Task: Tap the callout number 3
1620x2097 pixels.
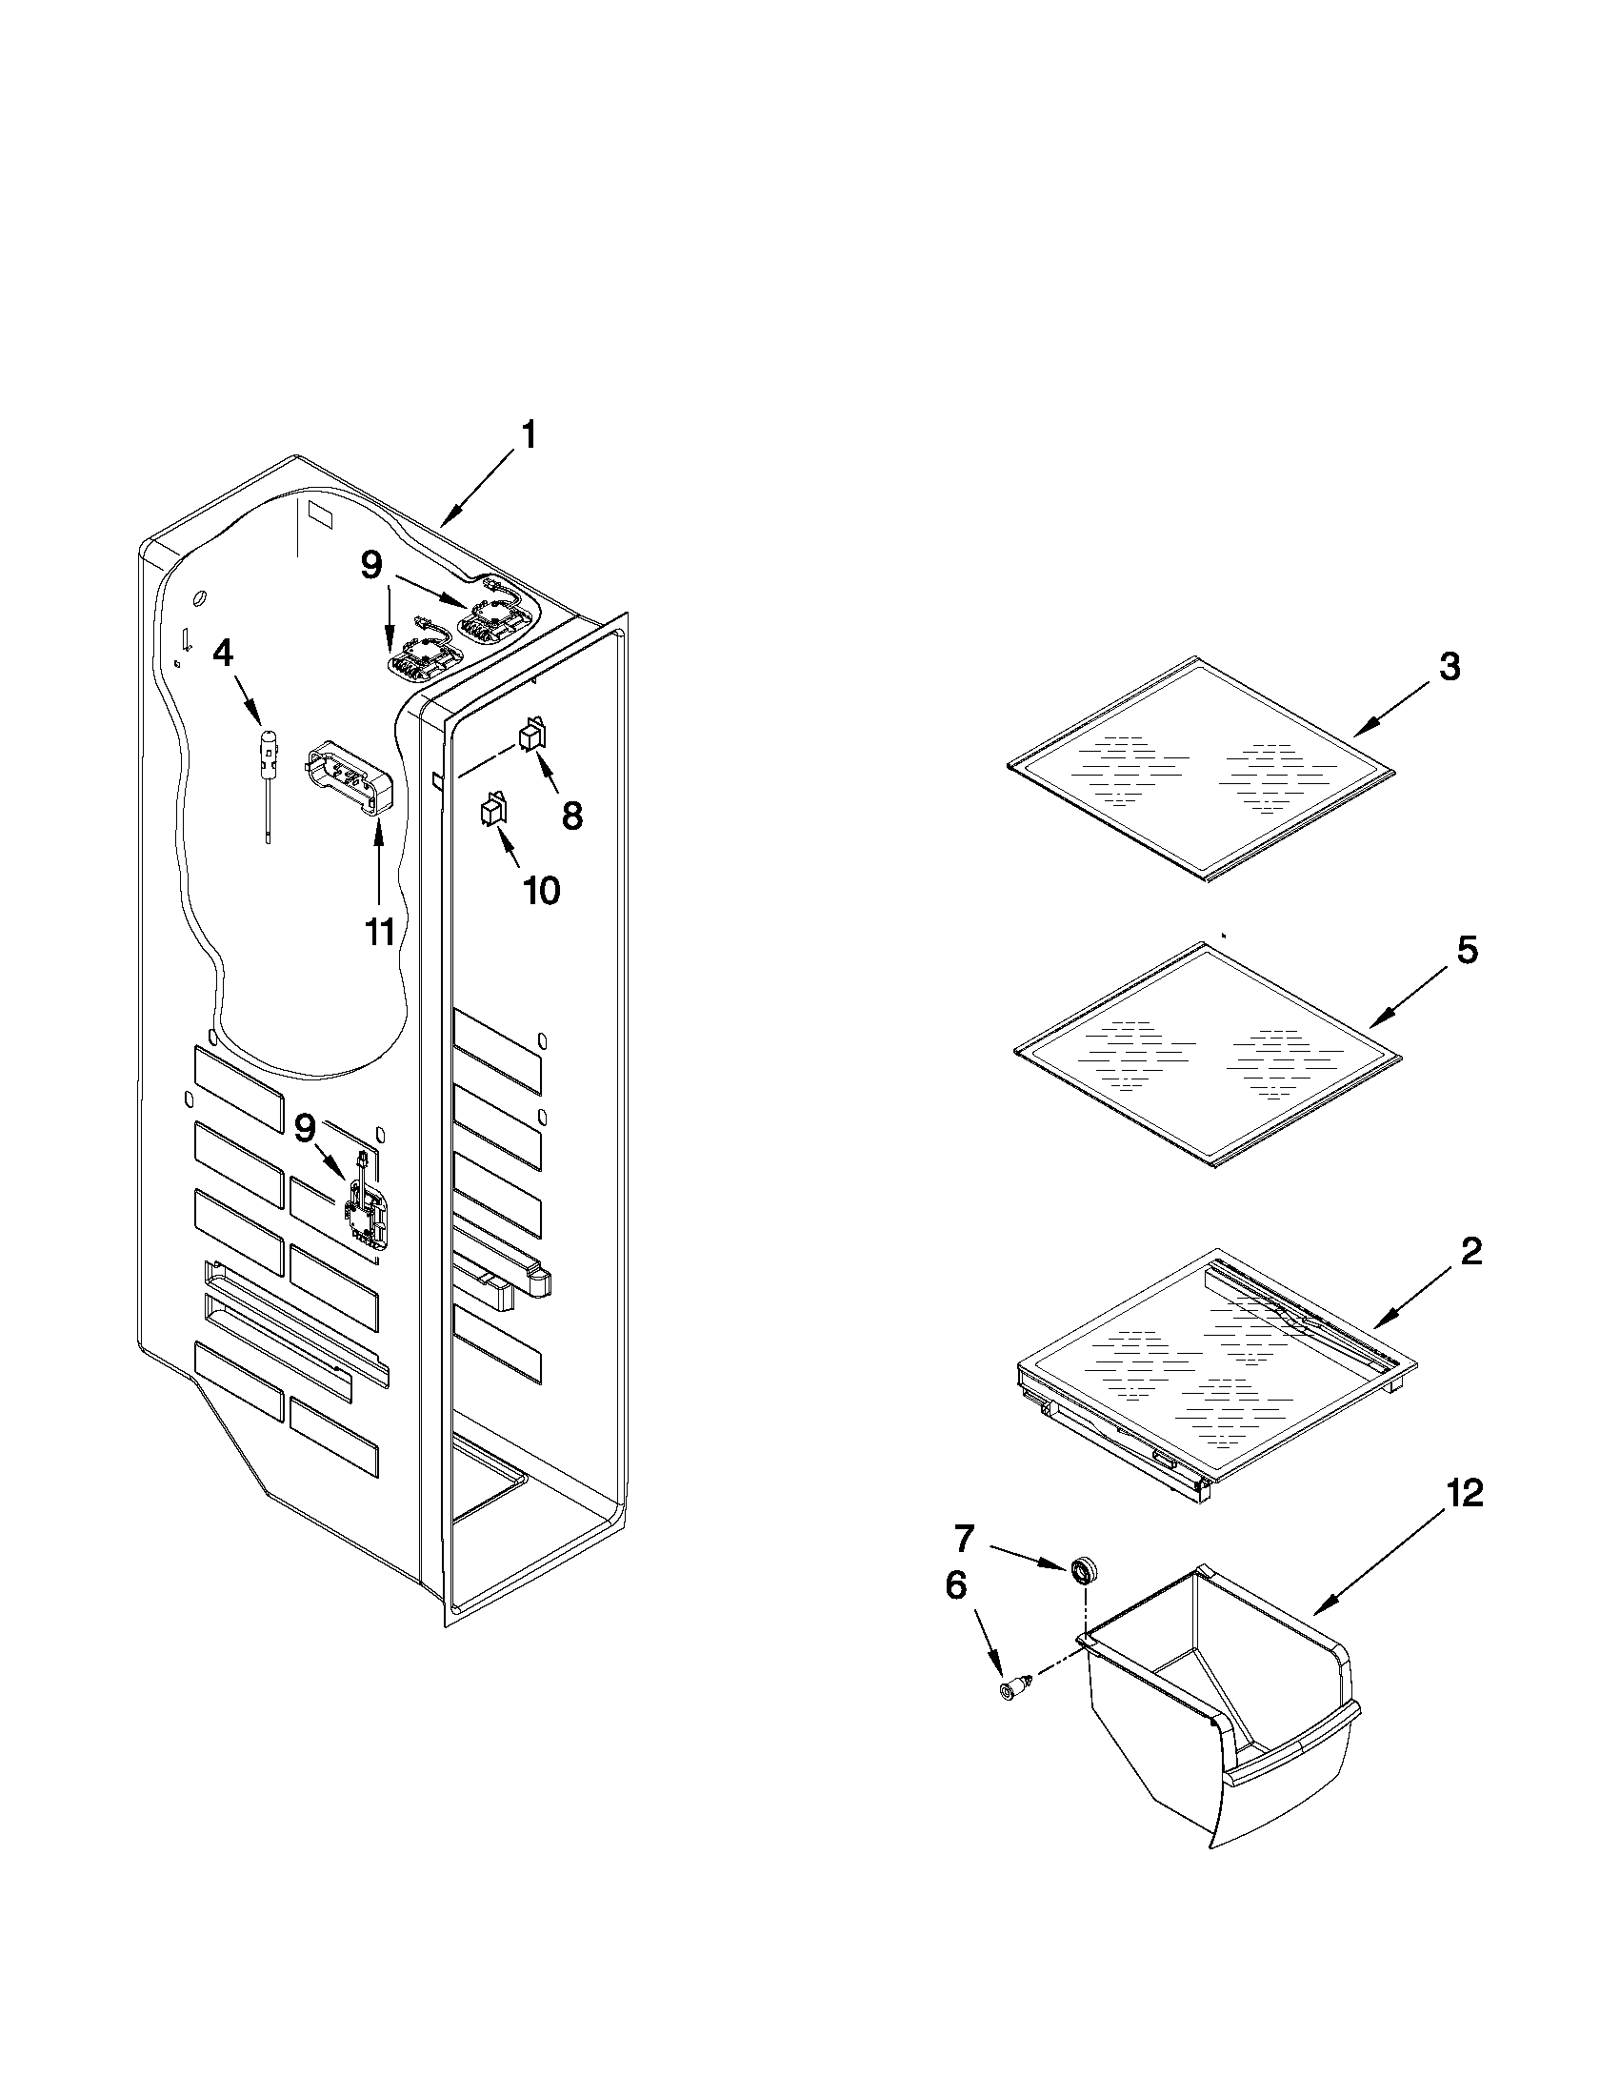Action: (1450, 667)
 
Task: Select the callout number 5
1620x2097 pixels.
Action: (1467, 951)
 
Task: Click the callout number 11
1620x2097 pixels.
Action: (381, 931)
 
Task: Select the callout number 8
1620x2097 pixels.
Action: (571, 817)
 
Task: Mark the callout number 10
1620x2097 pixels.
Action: (541, 891)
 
